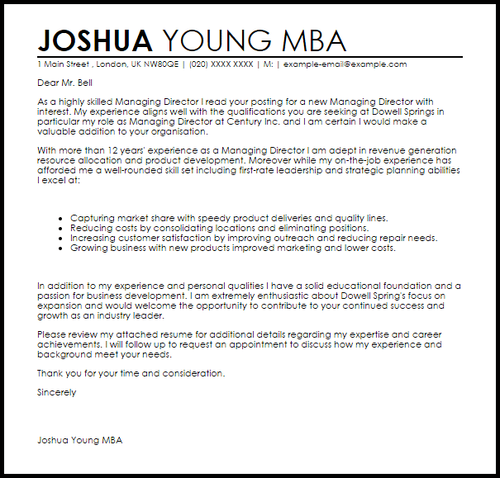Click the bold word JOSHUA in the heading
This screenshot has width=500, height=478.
pos(95,40)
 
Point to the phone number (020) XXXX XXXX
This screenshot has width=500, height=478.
pos(221,64)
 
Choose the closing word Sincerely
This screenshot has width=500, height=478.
pos(56,393)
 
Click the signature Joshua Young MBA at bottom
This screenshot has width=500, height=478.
pos(79,440)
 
